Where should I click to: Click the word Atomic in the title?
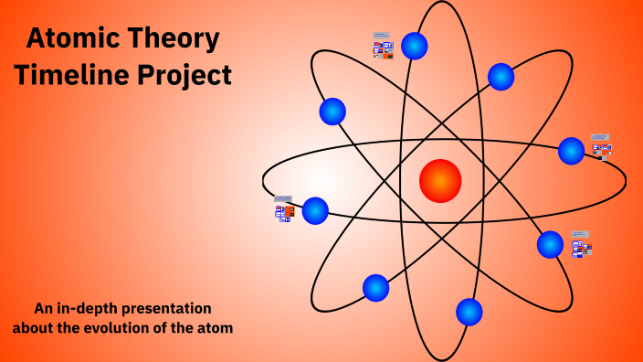pyautogui.click(x=70, y=38)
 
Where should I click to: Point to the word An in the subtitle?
pyautogui.click(x=43, y=309)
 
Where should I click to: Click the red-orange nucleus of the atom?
pyautogui.click(x=440, y=180)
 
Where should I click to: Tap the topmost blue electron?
pyautogui.click(x=415, y=46)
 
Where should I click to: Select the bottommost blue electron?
pyautogui.click(x=469, y=312)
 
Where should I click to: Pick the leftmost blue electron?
pyautogui.click(x=315, y=210)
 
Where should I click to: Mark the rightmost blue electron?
pyautogui.click(x=572, y=151)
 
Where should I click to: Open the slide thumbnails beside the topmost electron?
pyautogui.click(x=383, y=47)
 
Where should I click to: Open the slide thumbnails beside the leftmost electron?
pyautogui.click(x=284, y=209)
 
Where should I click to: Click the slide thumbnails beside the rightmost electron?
pyautogui.click(x=601, y=146)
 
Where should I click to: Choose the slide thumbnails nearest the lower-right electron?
pyautogui.click(x=581, y=245)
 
